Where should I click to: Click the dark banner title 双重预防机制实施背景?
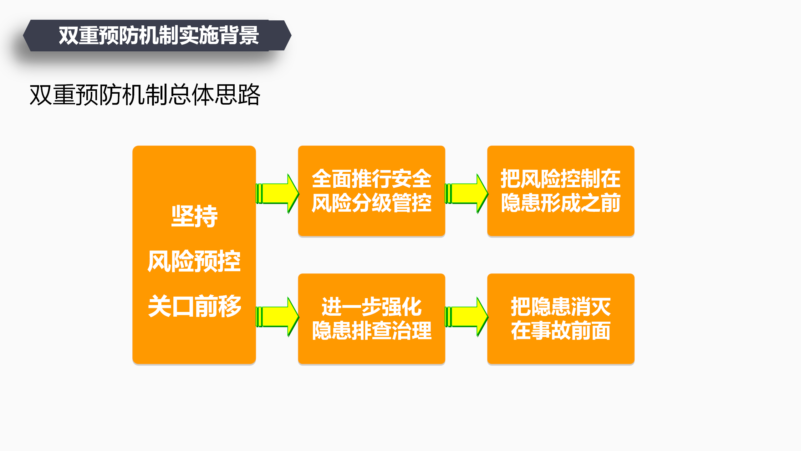[x=159, y=35]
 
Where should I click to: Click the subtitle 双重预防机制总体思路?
[x=145, y=95]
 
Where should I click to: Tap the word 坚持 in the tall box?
[x=194, y=216]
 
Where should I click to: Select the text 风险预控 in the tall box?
[x=194, y=261]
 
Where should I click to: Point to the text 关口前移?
[x=194, y=306]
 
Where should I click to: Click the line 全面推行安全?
[x=372, y=179]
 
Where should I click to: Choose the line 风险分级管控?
[x=372, y=203]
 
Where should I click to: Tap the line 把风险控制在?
[x=561, y=179]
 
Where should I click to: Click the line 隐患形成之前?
[x=561, y=203]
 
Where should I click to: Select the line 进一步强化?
[x=372, y=307]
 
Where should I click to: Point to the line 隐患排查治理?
[x=372, y=331]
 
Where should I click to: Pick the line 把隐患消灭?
[x=561, y=307]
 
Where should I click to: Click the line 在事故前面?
[x=561, y=331]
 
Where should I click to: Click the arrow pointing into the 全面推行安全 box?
[x=278, y=194]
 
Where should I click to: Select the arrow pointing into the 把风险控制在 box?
[x=467, y=194]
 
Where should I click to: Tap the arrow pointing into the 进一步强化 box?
[x=278, y=317]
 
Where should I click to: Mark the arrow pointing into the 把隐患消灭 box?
[x=467, y=317]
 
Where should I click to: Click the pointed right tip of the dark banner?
[x=291, y=35]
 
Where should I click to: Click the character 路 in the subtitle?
[x=249, y=95]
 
